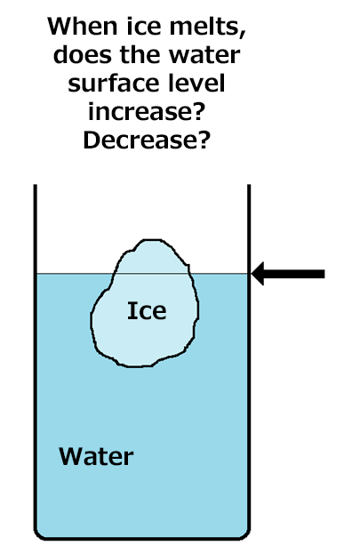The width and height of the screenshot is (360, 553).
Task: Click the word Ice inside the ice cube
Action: tap(147, 310)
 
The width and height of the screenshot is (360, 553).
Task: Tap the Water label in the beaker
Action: tap(96, 456)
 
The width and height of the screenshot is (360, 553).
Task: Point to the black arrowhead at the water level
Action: tap(258, 274)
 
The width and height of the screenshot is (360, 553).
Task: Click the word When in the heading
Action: tap(82, 27)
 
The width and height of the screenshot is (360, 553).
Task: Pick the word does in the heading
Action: tap(82, 55)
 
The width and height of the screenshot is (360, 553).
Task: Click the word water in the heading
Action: tap(204, 55)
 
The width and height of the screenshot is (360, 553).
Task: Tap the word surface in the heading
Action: tap(113, 84)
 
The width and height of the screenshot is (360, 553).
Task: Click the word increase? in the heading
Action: tap(147, 112)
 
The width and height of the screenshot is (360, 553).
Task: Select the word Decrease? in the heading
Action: tap(147, 140)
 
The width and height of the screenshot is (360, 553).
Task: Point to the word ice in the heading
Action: tap(143, 27)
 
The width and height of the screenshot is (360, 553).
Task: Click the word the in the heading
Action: tap(140, 55)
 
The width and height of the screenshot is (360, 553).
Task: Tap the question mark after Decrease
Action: tap(204, 140)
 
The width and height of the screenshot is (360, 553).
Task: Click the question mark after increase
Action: tap(198, 112)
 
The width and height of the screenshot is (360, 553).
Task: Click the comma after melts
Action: tap(243, 33)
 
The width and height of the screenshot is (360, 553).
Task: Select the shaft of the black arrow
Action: tap(294, 274)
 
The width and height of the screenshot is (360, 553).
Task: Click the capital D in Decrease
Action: tap(92, 140)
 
